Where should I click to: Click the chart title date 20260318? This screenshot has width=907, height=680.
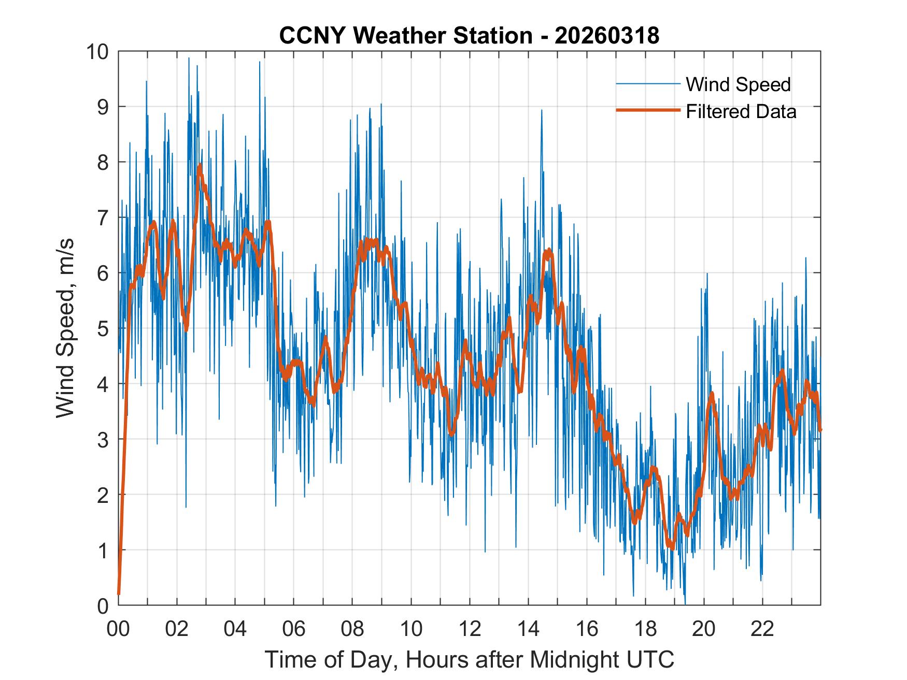[x=607, y=36]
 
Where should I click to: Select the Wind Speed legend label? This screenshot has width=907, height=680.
[x=738, y=84]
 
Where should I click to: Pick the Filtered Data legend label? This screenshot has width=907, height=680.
[x=741, y=111]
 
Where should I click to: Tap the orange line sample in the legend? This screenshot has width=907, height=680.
[x=647, y=110]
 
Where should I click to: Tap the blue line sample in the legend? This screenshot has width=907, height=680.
[x=647, y=84]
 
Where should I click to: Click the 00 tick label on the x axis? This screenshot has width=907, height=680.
[x=118, y=629]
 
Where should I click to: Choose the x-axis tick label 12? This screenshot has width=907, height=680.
[x=470, y=629]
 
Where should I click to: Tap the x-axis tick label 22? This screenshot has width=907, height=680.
[x=762, y=629]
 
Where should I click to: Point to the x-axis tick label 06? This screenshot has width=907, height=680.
[x=294, y=629]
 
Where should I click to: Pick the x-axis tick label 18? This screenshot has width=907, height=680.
[x=645, y=629]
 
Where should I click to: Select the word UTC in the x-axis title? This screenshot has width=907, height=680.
[x=653, y=659]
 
